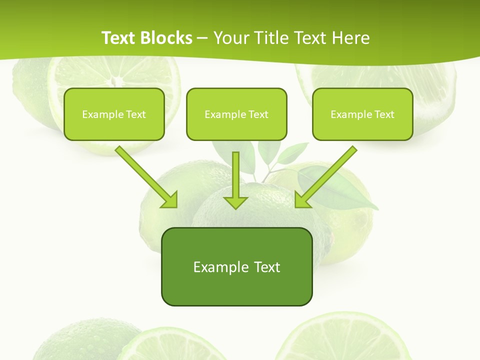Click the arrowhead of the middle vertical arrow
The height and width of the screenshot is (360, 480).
tap(235, 201)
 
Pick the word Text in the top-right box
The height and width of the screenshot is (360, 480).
tap(384, 114)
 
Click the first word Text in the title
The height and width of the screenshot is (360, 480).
tap(119, 38)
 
